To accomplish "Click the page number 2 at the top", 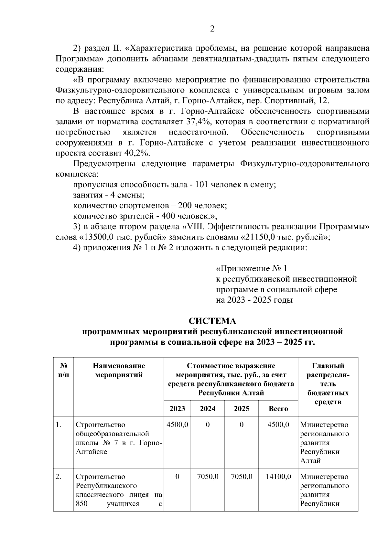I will click(212, 29).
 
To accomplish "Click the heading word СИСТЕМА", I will click(212, 321).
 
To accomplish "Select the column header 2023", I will click(177, 409).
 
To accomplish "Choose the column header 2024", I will click(208, 409).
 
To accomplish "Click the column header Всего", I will click(278, 409).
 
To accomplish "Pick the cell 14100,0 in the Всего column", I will click(278, 477).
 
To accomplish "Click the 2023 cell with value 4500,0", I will click(177, 424).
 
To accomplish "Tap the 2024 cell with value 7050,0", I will click(208, 477).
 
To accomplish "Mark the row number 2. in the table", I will click(59, 477).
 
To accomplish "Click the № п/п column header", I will click(63, 371).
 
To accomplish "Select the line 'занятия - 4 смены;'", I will click(109, 195).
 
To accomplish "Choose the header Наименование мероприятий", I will click(119, 371).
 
